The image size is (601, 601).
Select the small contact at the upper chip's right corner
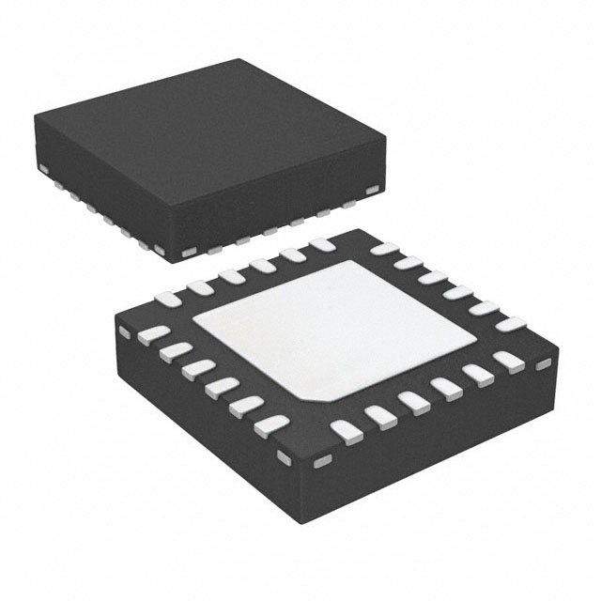[374, 192]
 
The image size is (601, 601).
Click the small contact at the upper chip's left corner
[43, 168]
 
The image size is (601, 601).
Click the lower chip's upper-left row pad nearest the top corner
[322, 245]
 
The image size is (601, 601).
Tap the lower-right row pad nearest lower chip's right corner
[508, 361]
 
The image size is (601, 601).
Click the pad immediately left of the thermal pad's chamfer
[271, 424]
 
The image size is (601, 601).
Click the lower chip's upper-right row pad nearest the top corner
[383, 249]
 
